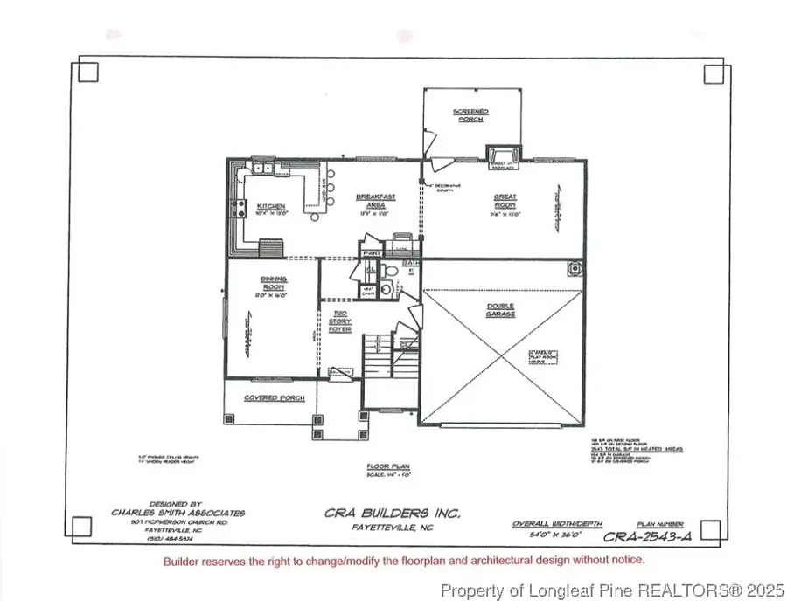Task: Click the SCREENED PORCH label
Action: tap(470, 115)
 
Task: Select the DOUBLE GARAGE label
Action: tap(501, 309)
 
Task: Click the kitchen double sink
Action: tap(261, 168)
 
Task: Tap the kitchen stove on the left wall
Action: tap(235, 208)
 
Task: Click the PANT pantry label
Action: tap(371, 253)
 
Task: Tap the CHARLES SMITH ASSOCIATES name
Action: tap(178, 513)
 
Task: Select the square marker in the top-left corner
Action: tap(88, 72)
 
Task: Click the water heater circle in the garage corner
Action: tap(574, 269)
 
